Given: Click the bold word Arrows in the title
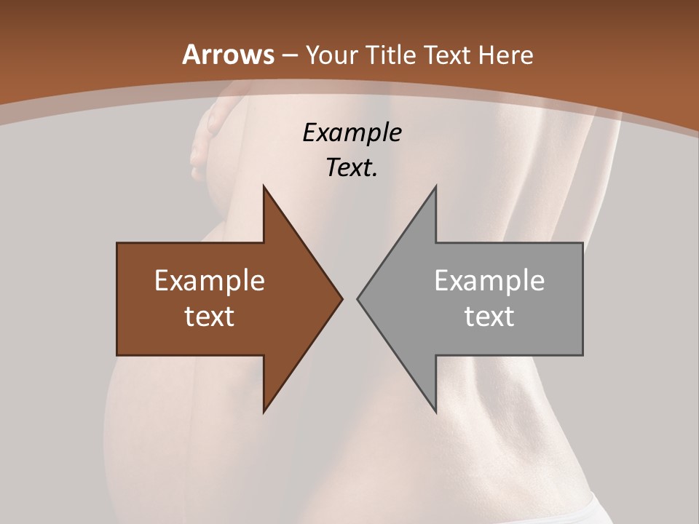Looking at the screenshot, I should pos(229,55).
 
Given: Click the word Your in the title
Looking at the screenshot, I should pos(331,55).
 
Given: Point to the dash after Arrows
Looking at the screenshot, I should pos(289,55).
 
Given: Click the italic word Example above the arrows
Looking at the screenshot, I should pos(352,132).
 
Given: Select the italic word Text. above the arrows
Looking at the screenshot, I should pos(352,167).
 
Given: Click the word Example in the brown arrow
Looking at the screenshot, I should pos(210,281).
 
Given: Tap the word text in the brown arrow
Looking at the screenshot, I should pos(210,316).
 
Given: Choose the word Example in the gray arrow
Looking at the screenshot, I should pos(489,281).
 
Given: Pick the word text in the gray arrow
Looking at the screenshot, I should pos(489,316).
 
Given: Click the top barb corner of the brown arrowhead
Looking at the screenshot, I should pos(264,186).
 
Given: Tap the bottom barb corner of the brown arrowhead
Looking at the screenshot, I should pos(264,411).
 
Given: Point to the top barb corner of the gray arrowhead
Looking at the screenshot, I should pos(435,186).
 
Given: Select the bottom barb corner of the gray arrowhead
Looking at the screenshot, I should pos(435,411).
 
